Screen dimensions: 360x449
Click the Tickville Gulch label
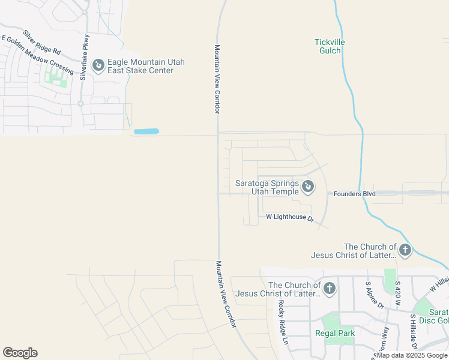330,46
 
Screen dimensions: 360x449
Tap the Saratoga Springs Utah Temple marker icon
307,187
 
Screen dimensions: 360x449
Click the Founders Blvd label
354,194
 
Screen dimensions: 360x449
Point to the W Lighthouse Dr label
291,217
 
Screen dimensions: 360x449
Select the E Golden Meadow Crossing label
37,55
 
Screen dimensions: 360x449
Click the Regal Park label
335,333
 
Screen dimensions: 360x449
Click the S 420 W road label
397,291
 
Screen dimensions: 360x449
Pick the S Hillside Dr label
414,331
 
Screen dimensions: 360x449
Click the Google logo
20,353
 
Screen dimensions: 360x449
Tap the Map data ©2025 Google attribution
412,355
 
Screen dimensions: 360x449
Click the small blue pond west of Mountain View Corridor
146,131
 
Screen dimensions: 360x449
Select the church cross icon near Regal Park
329,289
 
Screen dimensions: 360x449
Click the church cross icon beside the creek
405,250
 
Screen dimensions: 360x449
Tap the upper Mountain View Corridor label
218,79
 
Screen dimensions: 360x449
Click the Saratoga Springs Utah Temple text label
267,187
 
